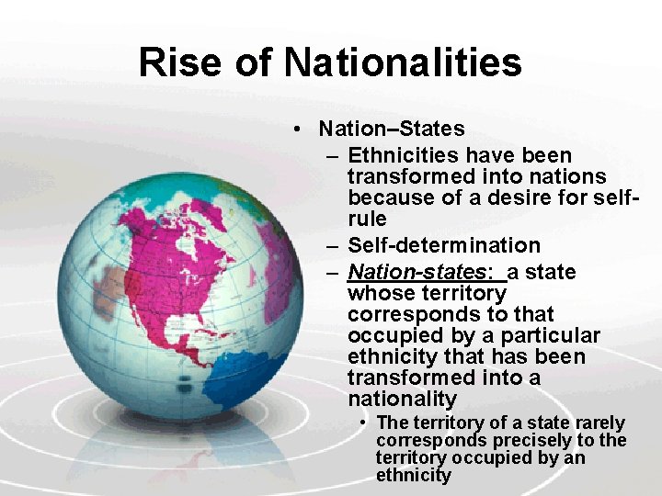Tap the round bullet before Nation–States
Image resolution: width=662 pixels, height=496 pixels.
(x=296, y=130)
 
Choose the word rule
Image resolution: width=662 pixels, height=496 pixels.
(x=367, y=220)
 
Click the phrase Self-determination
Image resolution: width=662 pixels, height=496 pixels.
(x=444, y=245)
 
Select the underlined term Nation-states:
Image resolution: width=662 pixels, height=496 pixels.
(x=421, y=272)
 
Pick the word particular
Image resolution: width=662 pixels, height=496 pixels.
(x=550, y=335)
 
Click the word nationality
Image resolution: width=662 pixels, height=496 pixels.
(x=402, y=399)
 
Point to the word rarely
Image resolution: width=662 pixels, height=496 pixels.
(x=599, y=423)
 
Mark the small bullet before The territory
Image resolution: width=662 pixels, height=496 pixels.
(x=365, y=423)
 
